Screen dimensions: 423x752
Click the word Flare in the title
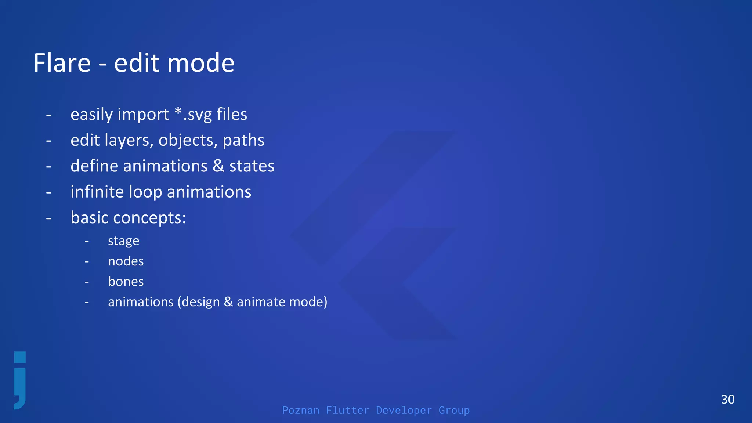[62, 63]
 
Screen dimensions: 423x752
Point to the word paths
[243, 140]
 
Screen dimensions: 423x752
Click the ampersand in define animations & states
[218, 166]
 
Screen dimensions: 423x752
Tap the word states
[252, 166]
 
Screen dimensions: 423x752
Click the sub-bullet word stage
[123, 241]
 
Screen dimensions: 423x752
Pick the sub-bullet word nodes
[126, 261]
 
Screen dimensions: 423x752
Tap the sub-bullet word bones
[126, 282]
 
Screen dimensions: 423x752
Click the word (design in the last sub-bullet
[199, 302]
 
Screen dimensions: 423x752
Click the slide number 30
[728, 399]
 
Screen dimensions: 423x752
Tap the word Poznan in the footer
[301, 410]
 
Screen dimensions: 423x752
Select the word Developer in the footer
[404, 410]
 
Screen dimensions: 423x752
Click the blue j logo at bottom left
[20, 380]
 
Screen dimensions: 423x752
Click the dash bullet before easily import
[48, 115]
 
